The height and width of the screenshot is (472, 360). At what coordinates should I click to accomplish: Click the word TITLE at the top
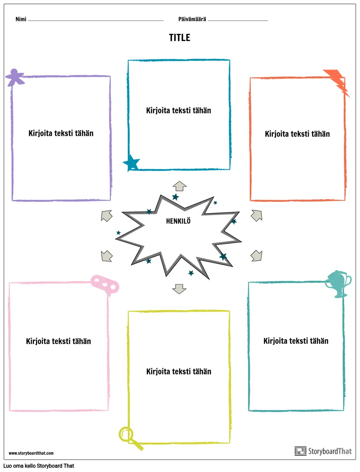tap(180, 37)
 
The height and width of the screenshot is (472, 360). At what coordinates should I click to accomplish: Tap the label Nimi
tap(21, 19)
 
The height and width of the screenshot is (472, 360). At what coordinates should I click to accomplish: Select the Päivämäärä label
tap(192, 19)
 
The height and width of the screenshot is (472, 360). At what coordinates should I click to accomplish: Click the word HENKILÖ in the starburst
tap(178, 221)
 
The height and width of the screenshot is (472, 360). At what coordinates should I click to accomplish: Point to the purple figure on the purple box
tap(15, 77)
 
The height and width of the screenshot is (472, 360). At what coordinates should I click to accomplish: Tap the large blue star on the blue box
tap(131, 163)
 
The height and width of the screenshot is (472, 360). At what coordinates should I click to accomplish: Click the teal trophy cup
tap(338, 284)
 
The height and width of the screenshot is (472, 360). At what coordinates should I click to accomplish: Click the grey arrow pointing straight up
tap(180, 186)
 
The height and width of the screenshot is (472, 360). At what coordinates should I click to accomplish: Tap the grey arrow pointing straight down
tap(179, 289)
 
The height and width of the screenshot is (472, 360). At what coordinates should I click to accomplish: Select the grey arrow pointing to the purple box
tap(107, 216)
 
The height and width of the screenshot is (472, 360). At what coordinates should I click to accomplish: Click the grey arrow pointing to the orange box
tap(256, 216)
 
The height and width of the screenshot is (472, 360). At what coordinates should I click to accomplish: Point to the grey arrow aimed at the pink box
tap(107, 256)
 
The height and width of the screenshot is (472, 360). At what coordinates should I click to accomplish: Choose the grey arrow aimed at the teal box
tap(256, 256)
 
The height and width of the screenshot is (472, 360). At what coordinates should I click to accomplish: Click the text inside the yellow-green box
tap(179, 371)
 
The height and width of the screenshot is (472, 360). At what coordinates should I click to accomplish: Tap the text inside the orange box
tap(297, 134)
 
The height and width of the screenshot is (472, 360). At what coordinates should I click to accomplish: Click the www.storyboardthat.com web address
tap(31, 453)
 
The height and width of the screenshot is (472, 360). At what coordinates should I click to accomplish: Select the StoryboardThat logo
tap(323, 451)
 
